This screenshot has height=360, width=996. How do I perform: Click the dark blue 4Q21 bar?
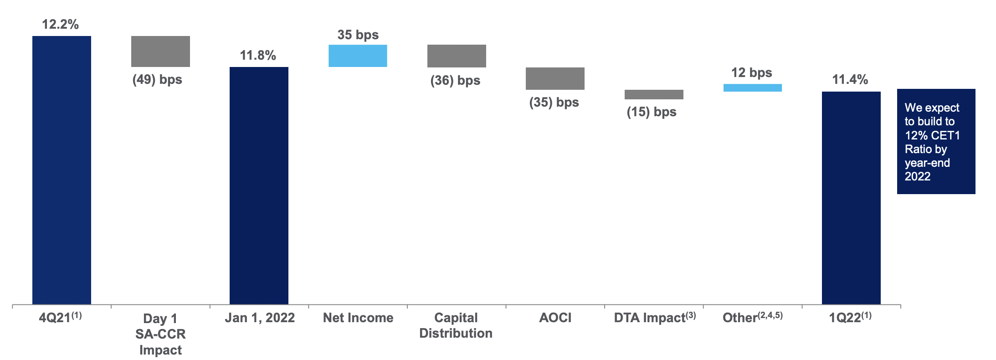[x=62, y=170]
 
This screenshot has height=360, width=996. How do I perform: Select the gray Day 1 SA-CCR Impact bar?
[x=160, y=51]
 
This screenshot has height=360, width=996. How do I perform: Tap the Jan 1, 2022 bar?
[x=259, y=185]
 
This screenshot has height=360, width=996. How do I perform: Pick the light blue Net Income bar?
[x=358, y=56]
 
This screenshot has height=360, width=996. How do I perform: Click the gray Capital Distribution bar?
[x=457, y=56]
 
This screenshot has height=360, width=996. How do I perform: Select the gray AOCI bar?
[x=555, y=78]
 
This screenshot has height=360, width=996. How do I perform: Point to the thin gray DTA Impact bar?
[x=654, y=94]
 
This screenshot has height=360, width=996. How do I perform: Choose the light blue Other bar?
[x=752, y=87]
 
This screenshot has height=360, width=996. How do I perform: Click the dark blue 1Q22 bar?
[x=851, y=198]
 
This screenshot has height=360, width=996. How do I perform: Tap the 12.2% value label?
[x=60, y=24]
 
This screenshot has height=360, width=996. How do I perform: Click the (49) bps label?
[x=157, y=79]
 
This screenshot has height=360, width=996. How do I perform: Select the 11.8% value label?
[x=258, y=55]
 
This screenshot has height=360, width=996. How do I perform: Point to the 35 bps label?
[x=358, y=35]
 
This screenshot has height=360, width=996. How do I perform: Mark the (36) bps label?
[x=455, y=80]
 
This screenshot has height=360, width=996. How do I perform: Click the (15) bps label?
[x=652, y=112]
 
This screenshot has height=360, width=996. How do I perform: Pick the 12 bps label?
[x=751, y=72]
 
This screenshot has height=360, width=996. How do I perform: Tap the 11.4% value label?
[x=850, y=79]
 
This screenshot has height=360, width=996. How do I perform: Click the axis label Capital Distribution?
[x=456, y=325]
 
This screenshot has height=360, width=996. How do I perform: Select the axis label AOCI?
[x=555, y=318]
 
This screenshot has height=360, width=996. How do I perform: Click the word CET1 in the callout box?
[x=945, y=135]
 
